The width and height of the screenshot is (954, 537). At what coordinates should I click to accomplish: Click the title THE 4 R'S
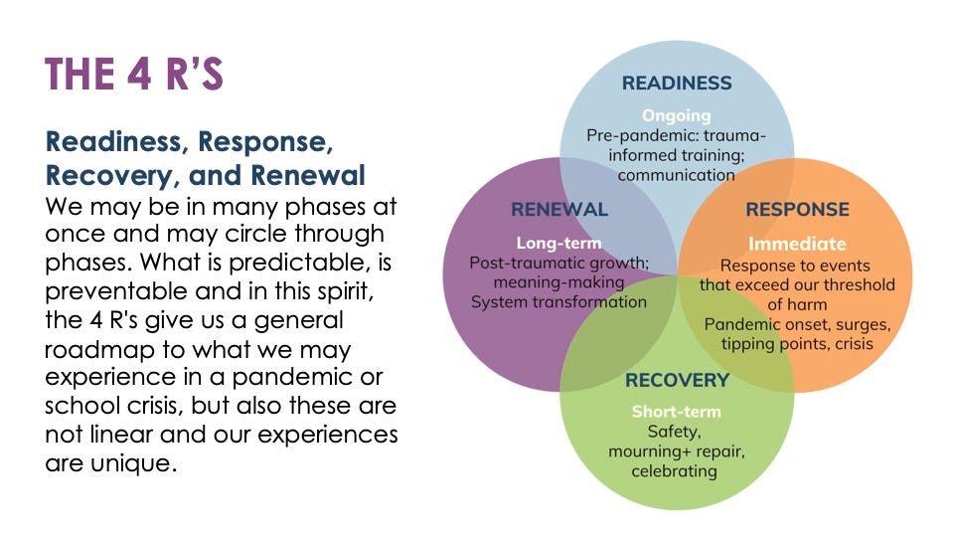tap(134, 76)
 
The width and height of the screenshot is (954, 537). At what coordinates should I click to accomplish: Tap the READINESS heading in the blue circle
tap(677, 84)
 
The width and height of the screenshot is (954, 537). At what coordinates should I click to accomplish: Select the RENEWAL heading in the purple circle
tap(558, 210)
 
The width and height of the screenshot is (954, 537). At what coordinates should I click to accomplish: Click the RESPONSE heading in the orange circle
tap(797, 210)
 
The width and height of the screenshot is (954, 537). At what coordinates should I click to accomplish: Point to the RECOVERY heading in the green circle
tap(677, 380)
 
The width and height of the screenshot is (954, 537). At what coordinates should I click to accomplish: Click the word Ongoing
tap(676, 115)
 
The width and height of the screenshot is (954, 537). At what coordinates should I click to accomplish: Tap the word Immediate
tap(797, 244)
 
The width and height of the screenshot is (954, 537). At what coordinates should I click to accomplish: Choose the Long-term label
tap(558, 243)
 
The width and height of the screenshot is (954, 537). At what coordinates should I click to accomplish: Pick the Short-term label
tap(676, 412)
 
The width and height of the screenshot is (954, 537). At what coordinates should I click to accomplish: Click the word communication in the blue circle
tap(676, 175)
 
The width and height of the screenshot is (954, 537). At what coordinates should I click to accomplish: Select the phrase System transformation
tap(558, 302)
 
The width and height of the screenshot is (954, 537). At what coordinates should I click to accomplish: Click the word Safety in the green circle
tap(674, 432)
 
